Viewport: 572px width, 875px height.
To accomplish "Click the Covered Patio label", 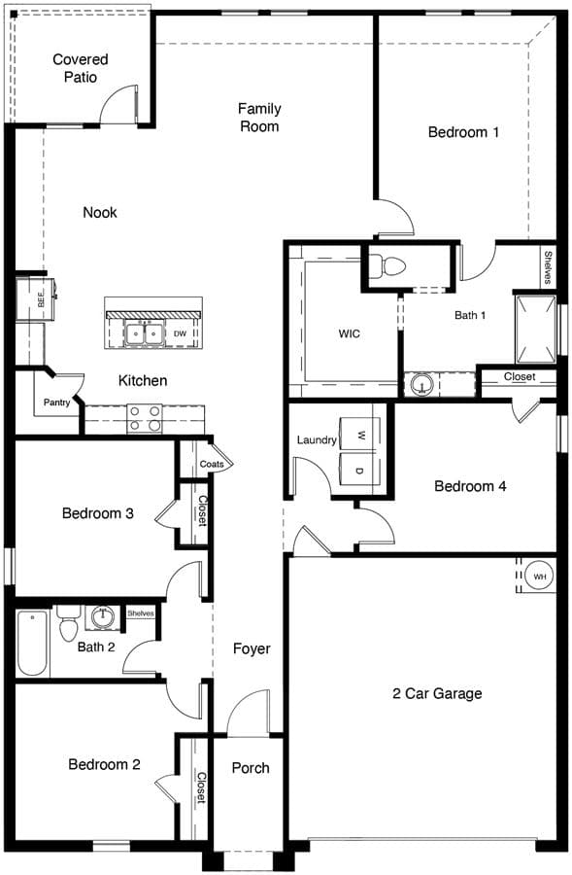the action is click(81, 68).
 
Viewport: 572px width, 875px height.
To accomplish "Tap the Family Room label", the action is click(259, 118).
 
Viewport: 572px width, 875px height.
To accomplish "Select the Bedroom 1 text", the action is click(463, 132).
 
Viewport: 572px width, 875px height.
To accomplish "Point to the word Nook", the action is click(100, 212).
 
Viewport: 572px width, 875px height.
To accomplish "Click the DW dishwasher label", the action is click(180, 333).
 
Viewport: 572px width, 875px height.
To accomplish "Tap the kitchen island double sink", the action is click(144, 333).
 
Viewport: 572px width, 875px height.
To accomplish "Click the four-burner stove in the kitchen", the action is click(145, 419).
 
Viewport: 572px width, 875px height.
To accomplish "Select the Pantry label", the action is click(57, 402).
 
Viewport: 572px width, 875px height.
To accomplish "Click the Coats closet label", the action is click(212, 464).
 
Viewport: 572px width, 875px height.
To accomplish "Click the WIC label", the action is click(349, 333).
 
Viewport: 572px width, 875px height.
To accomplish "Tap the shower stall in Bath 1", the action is click(536, 330).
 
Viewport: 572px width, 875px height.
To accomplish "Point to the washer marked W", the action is click(360, 435).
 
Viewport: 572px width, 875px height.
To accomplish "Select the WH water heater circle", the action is click(540, 577).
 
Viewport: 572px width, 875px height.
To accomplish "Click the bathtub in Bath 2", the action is click(32, 643).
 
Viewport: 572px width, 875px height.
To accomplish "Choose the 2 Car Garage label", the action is click(437, 693).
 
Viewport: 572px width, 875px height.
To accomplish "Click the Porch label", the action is click(251, 768).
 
